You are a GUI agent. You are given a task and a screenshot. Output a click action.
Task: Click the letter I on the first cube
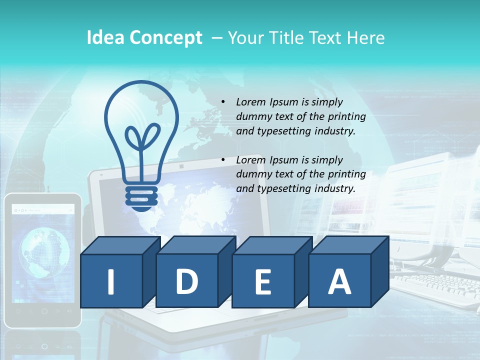click(111, 281)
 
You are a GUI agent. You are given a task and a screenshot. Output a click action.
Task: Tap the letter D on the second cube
click(186, 281)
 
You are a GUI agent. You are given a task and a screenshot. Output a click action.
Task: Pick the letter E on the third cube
click(262, 282)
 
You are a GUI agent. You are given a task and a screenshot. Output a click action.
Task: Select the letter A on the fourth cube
click(339, 281)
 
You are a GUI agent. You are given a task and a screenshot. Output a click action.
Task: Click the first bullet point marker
click(223, 102)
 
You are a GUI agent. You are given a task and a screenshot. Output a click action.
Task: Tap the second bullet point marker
click(223, 160)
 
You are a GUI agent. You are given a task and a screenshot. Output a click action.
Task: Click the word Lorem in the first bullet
click(251, 102)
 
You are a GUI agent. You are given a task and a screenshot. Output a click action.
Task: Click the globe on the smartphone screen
click(44, 250)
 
